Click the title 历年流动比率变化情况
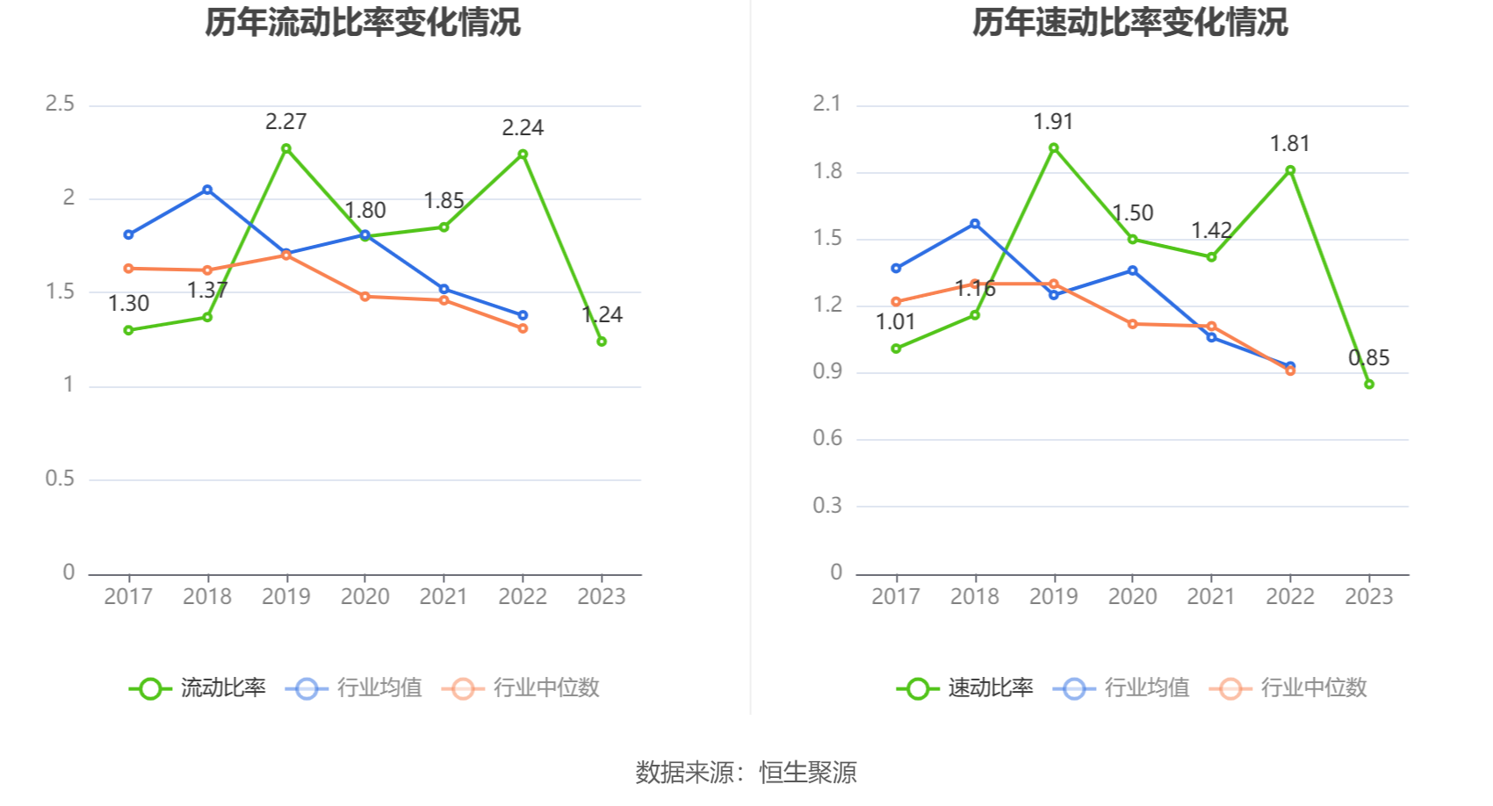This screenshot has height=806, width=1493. pos(363,22)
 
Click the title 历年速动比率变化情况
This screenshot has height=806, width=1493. pos(1129,22)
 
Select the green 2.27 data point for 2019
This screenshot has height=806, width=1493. pos(286,148)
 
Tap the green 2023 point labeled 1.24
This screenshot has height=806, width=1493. pos(602,342)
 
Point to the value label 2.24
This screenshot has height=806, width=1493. pos(523,127)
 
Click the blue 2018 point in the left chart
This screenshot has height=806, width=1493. pos(207,190)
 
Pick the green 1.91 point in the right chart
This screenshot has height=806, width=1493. pos(1054,148)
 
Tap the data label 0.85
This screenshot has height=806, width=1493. pos(1369,357)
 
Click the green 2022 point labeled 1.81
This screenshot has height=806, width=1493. pos(1290,171)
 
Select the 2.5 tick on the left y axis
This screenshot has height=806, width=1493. pos(60,104)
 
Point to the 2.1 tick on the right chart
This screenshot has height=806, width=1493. pos(827,104)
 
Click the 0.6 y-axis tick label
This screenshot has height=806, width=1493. pos(827,438)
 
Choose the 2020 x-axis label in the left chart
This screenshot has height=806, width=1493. pos(364,596)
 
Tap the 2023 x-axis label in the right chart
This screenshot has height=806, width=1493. pos(1369,596)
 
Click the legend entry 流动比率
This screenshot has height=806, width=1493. pos(198,687)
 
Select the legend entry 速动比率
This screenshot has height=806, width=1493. pos(965,687)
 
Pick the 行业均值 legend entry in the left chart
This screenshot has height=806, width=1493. pos(354,687)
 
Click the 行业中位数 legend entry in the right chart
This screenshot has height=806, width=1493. pos(1287,687)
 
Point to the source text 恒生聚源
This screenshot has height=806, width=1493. pos(808,773)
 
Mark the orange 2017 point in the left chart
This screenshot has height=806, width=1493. pos(128,269)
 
